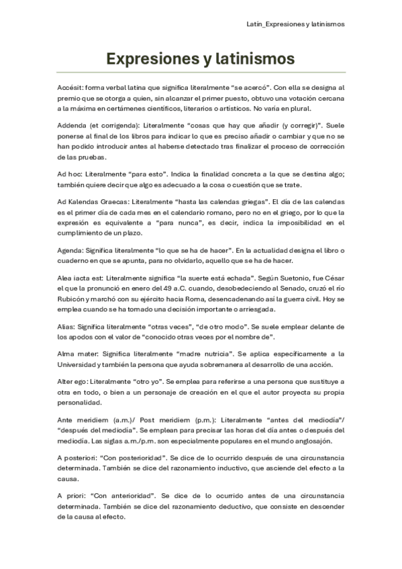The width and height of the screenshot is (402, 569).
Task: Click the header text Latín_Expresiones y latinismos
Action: coord(296,23)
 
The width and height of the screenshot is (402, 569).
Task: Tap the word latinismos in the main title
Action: coord(255,59)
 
